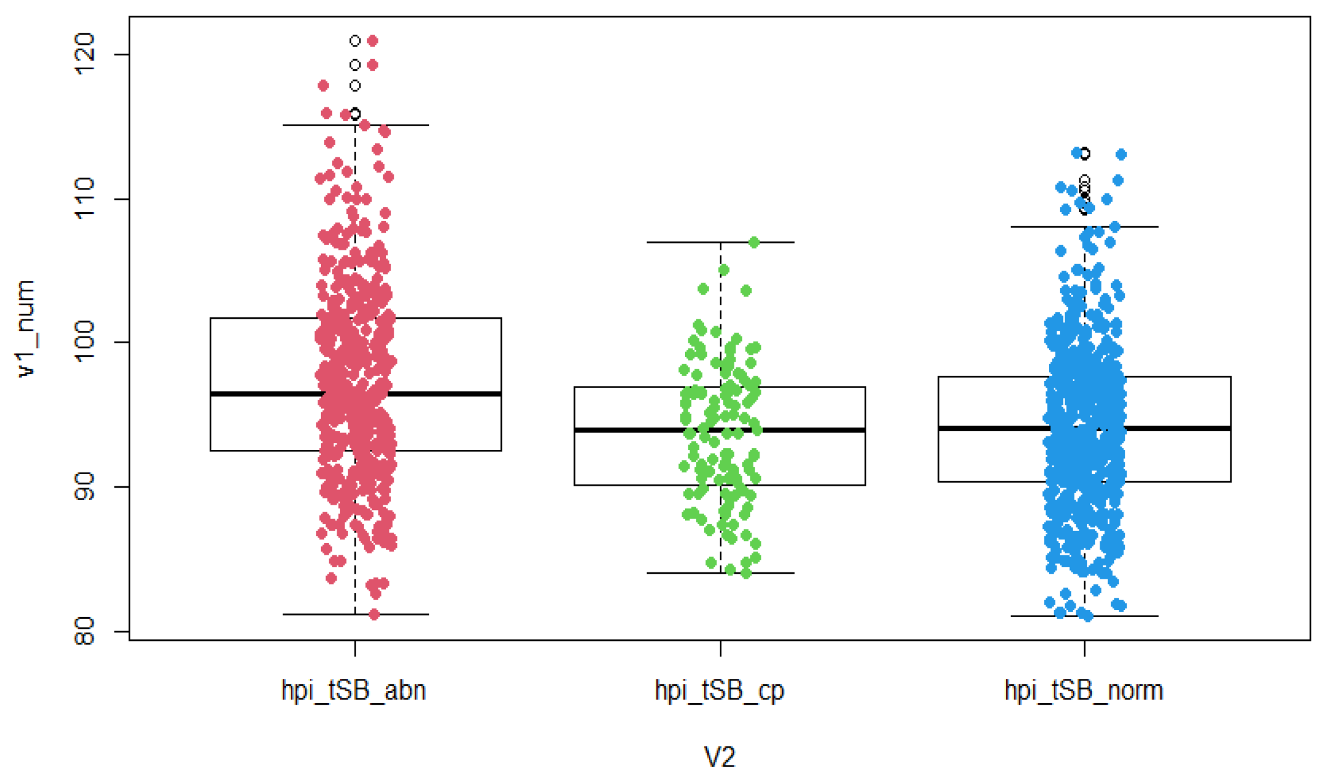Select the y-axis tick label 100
click(x=85, y=342)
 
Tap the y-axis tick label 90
click(x=85, y=487)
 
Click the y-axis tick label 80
click(x=85, y=631)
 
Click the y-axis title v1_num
click(x=25, y=329)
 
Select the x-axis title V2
click(x=720, y=756)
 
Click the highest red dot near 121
click(x=373, y=41)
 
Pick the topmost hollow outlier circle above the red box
click(x=355, y=41)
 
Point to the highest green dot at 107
click(x=754, y=243)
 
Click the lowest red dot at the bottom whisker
click(x=374, y=614)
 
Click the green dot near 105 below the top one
click(x=723, y=270)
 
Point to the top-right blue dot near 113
click(x=1121, y=155)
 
